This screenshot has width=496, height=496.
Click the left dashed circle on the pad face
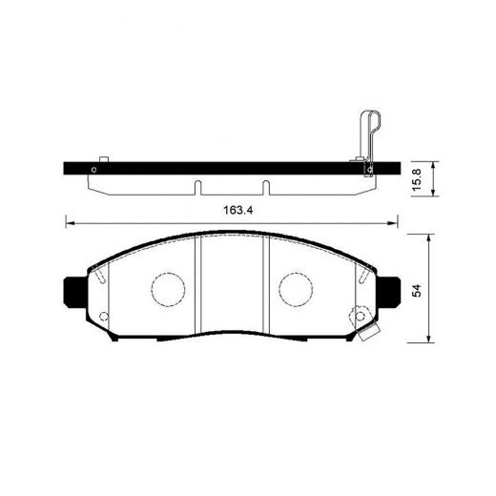[x=168, y=287]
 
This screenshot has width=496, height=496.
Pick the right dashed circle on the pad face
[x=297, y=287]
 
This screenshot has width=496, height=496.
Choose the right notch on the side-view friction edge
[x=266, y=185]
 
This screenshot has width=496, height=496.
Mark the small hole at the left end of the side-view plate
[x=92, y=172]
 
